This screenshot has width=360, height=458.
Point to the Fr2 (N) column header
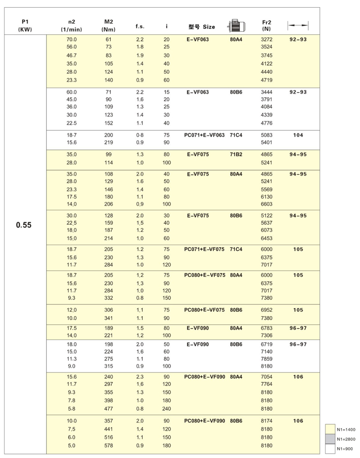266,26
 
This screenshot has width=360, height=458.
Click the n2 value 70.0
72,39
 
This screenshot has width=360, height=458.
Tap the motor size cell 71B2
236,154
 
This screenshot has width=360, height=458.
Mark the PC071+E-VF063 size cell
204,135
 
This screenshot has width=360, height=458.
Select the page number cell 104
297,135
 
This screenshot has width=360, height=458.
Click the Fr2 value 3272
267,39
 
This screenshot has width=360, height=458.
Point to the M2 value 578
108,445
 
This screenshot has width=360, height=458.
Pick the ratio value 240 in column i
166,408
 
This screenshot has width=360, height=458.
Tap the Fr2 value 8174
267,421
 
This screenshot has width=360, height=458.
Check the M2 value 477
108,408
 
